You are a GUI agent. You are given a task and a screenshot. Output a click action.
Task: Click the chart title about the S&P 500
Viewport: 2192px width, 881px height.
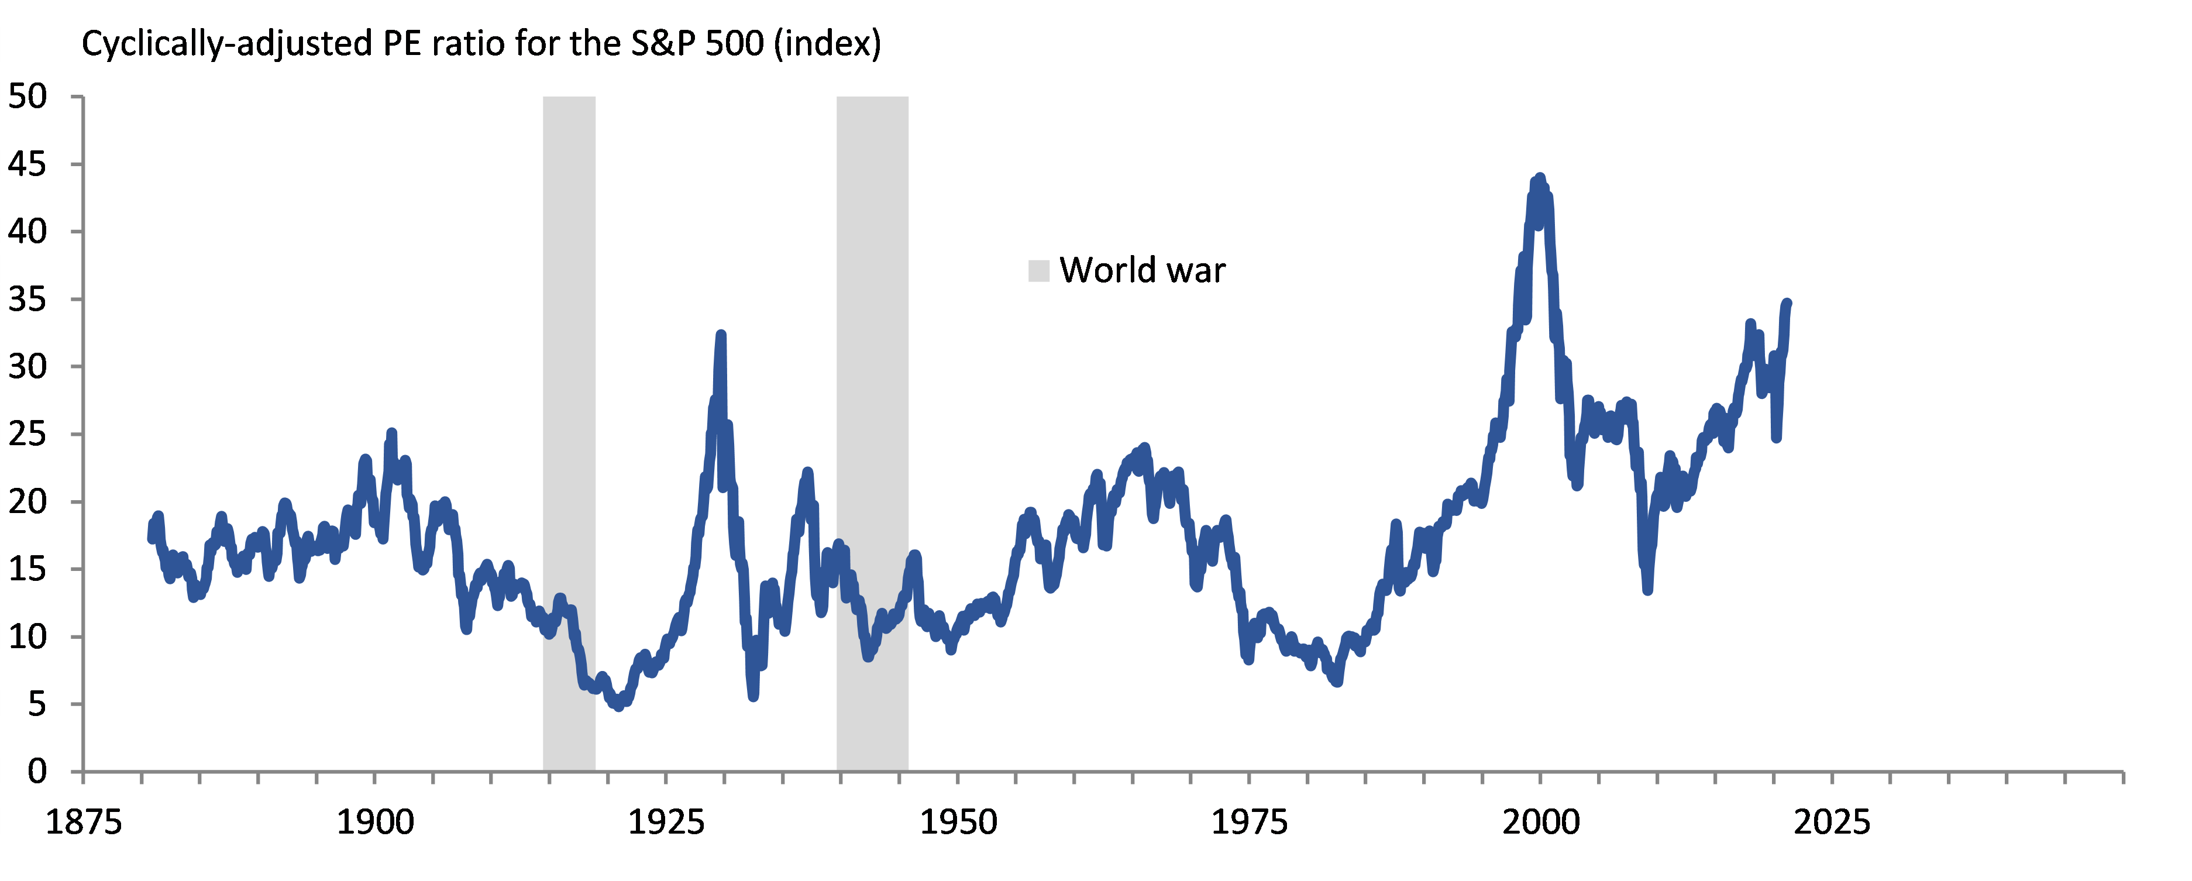pos(481,43)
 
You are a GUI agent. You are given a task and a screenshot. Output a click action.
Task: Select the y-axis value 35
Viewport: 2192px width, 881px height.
pos(27,300)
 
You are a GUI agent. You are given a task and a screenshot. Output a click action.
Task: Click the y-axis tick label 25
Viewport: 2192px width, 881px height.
pos(27,434)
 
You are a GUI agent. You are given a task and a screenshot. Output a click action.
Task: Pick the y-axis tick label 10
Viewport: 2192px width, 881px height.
pos(27,636)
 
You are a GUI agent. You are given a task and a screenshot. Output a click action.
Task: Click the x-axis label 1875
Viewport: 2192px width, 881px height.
pos(84,823)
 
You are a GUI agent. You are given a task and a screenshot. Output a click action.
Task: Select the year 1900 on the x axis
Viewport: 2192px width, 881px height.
pos(375,823)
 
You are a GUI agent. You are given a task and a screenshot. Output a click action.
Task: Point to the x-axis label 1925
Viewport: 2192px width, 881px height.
pos(666,823)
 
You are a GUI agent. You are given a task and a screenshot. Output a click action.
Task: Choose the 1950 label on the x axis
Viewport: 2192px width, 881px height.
pos(958,823)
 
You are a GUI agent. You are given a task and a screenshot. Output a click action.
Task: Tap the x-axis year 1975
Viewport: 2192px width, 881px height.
pos(1249,823)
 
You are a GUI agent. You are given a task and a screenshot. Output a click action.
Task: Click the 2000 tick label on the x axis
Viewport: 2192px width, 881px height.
pos(1541,823)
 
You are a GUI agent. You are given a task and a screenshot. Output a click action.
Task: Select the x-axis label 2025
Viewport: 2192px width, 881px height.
pos(1832,823)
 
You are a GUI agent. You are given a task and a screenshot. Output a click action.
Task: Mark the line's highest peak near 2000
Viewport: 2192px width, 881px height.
pos(1539,179)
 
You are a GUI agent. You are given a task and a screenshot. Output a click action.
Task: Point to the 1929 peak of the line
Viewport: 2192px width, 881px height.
pos(721,335)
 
